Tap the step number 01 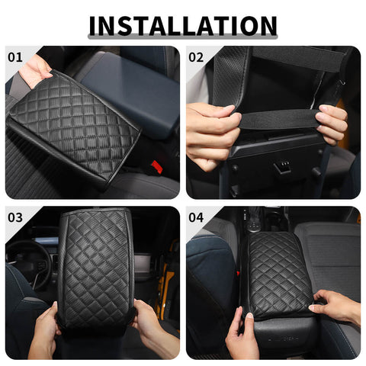(x=15, y=57)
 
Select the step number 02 (x=196, y=57)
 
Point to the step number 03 (x=15, y=217)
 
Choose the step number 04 (x=196, y=217)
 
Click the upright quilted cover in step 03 (x=95, y=267)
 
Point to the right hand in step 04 (x=335, y=305)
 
